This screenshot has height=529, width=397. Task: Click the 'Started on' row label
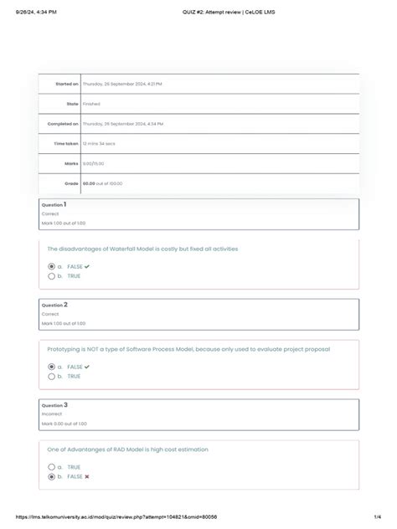point(67,85)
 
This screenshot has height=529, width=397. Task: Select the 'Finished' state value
point(91,104)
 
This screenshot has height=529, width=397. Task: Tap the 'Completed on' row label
point(62,124)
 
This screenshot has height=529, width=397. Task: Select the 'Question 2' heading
point(54,305)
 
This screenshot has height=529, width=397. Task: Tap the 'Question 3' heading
point(54,405)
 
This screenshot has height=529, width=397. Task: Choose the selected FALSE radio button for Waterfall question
point(50,266)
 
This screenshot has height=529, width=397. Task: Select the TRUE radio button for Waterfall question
point(50,275)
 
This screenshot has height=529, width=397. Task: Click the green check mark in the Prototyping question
point(87,367)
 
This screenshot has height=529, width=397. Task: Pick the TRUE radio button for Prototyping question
point(50,376)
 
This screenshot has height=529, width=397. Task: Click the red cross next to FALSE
point(87,476)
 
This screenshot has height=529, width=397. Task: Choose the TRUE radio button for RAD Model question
point(50,467)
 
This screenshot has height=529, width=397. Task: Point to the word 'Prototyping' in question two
point(68,349)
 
